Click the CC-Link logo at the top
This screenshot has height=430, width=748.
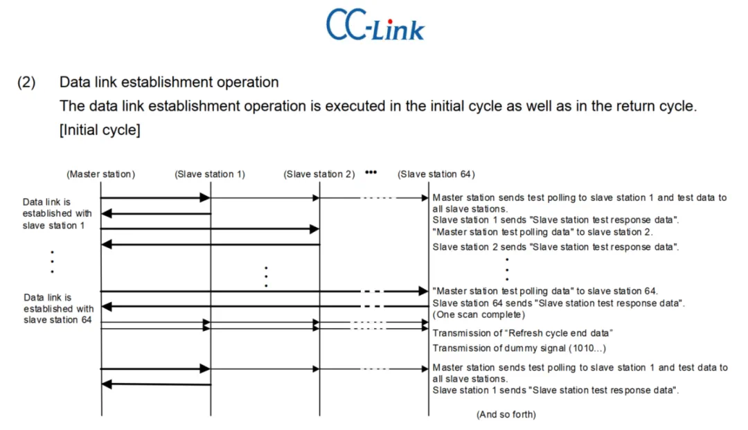pos(375,25)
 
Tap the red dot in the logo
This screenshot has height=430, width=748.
pos(390,21)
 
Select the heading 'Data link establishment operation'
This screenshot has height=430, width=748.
pos(169,82)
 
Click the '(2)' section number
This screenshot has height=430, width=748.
pos(26,82)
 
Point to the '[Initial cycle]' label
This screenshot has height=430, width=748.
pos(100,129)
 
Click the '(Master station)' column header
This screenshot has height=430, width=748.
pos(100,174)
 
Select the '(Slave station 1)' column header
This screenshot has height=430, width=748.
pos(210,174)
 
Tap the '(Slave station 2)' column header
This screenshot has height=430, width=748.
pos(319,174)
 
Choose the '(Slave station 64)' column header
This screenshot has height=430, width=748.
pos(436,174)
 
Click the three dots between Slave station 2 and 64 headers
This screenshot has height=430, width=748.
pos(371,172)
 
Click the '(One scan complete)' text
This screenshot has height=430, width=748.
pos(479,314)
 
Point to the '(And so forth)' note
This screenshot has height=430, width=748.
pos(506,414)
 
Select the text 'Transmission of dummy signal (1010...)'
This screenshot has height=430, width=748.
pos(519,348)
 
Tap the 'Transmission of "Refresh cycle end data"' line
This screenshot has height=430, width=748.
pos(522,333)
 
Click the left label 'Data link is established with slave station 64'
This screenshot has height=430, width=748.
pos(58,308)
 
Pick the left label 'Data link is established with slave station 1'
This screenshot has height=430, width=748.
pos(57,213)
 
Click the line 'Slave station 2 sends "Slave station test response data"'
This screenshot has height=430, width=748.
pos(555,247)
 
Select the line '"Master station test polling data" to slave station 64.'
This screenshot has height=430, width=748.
pos(545,291)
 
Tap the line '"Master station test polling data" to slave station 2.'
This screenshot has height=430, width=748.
pos(542,232)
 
